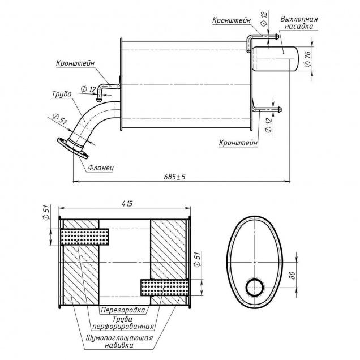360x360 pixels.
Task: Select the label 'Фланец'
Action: pos(102,168)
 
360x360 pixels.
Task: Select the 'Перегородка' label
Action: pos(123,310)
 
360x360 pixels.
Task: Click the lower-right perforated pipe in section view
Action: pos(164,288)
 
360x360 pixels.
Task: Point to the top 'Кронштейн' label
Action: pos(232,20)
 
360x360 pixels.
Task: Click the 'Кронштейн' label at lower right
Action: pos(238,143)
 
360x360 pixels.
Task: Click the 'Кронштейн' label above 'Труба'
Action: pos(75,63)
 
